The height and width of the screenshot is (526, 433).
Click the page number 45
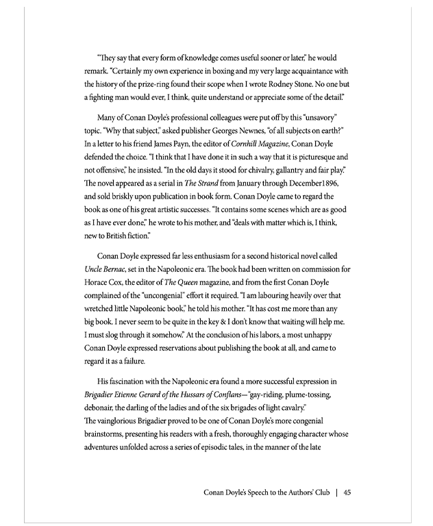coord(347,492)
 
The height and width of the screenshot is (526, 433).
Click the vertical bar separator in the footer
coord(336,492)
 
